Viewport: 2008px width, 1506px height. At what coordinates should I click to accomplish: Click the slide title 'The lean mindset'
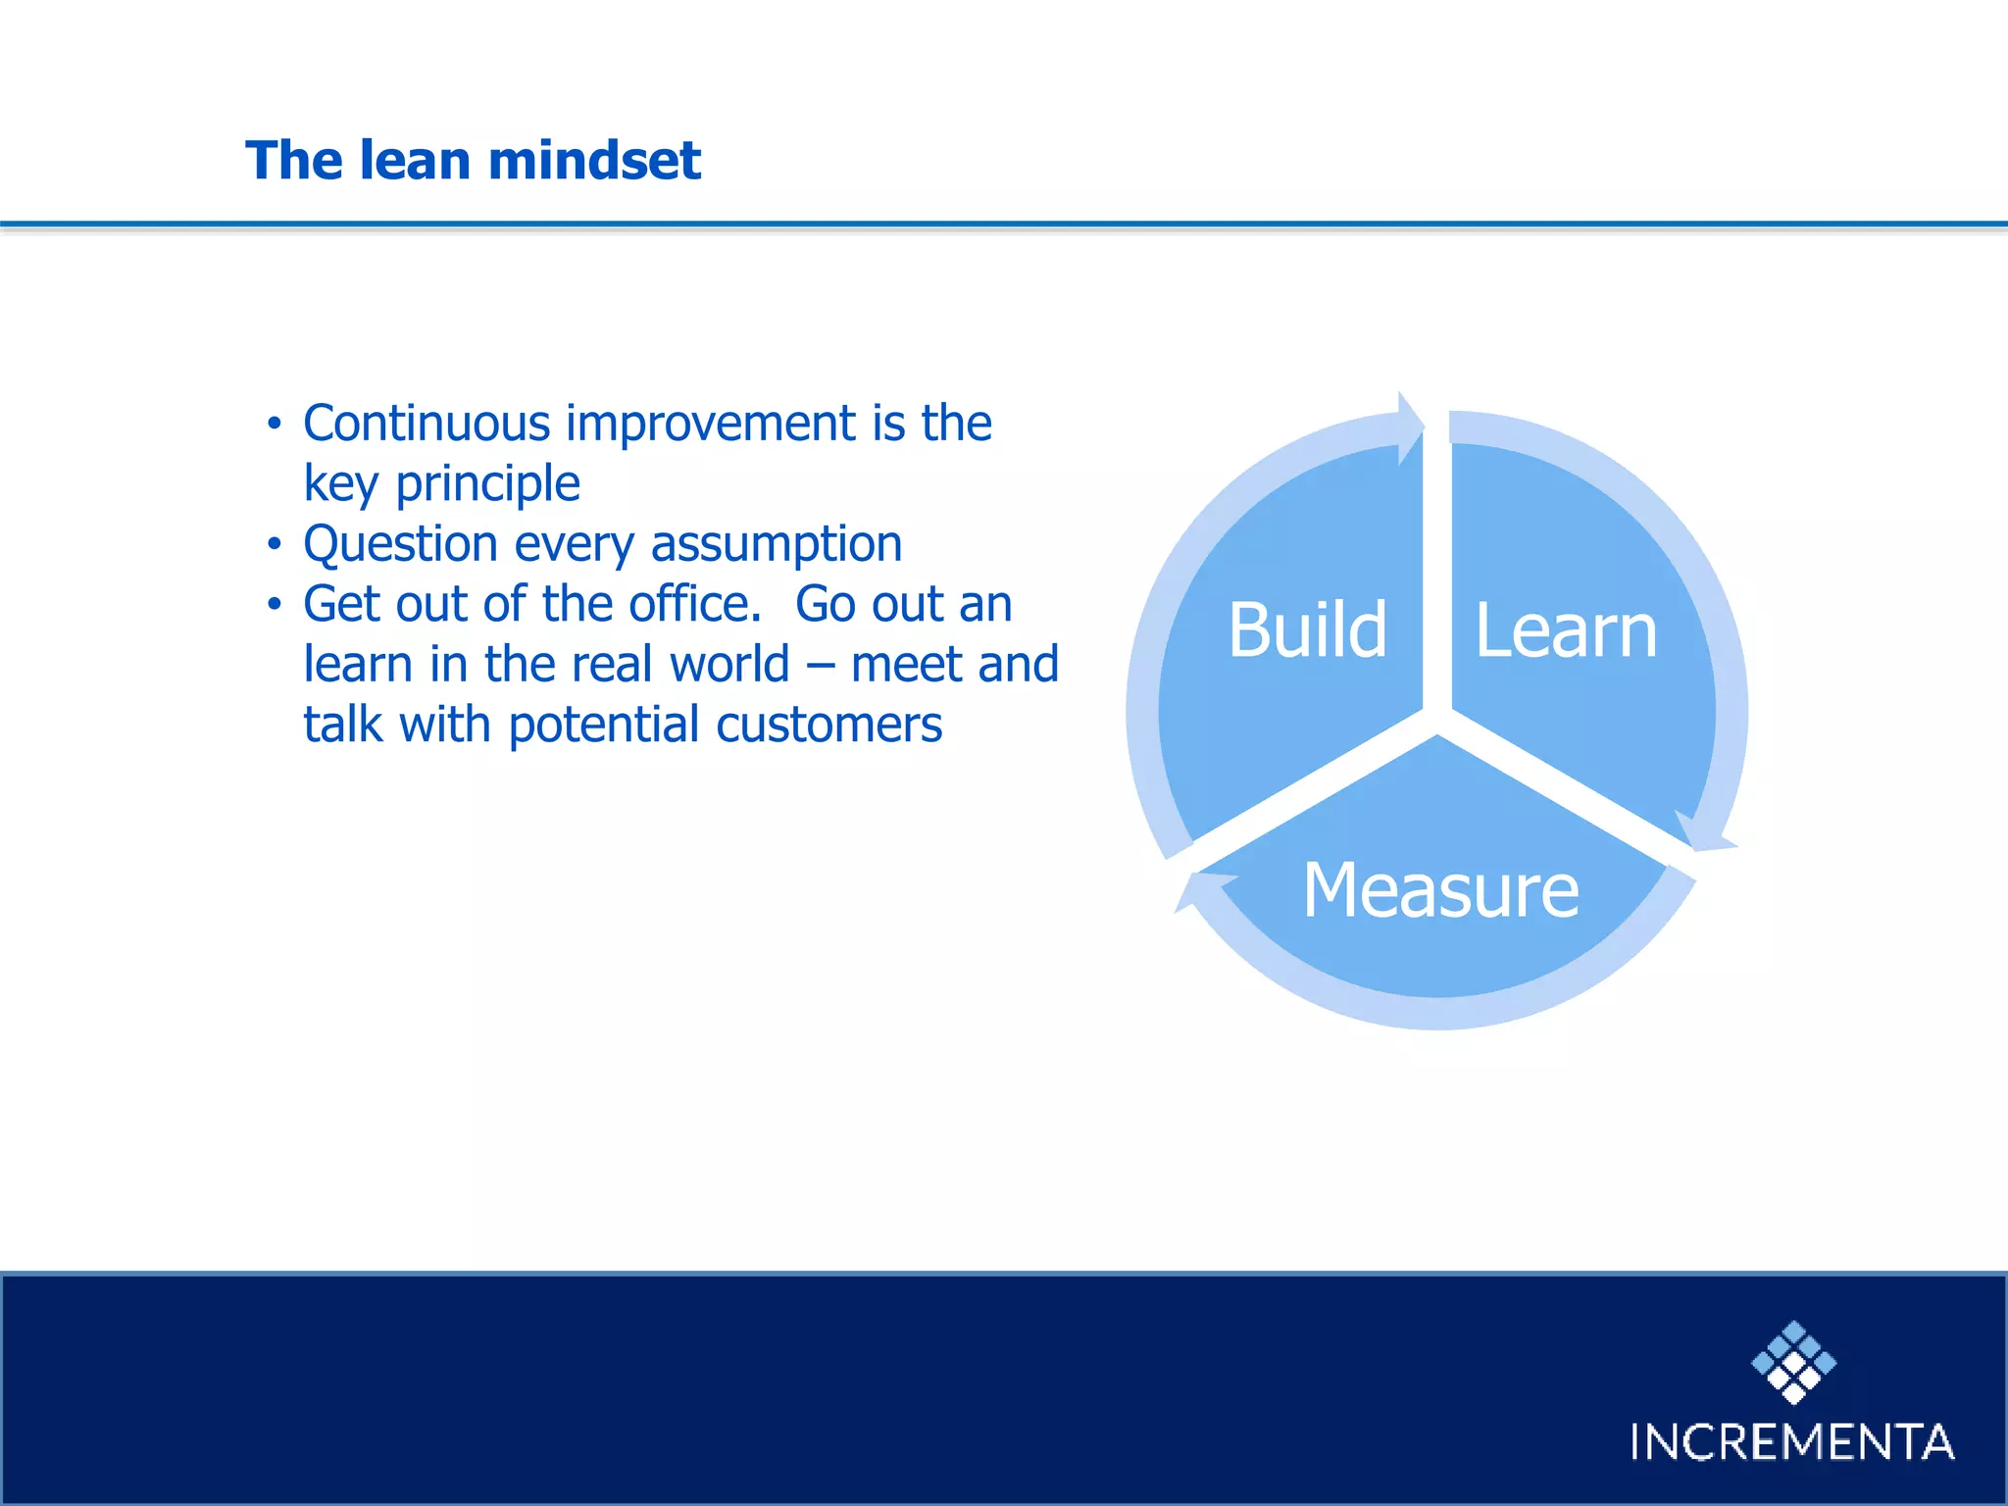pos(473,160)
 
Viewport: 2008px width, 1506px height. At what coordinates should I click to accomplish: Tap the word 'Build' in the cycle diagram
pos(1307,629)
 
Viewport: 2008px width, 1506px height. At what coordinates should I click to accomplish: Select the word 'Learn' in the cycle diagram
pos(1566,629)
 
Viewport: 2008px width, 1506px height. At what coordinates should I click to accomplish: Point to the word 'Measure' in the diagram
pos(1440,889)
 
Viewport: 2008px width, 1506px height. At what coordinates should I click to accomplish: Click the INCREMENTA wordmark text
pos(1791,1442)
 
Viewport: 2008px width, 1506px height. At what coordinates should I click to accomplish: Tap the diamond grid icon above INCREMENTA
pos(1793,1362)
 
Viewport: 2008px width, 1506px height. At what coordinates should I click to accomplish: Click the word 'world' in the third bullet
pos(729,664)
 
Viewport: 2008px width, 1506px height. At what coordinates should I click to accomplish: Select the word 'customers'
pos(828,725)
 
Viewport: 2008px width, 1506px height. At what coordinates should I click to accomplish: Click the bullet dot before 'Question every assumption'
pos(275,544)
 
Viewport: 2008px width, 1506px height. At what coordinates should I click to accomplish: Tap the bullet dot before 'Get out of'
pos(275,605)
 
